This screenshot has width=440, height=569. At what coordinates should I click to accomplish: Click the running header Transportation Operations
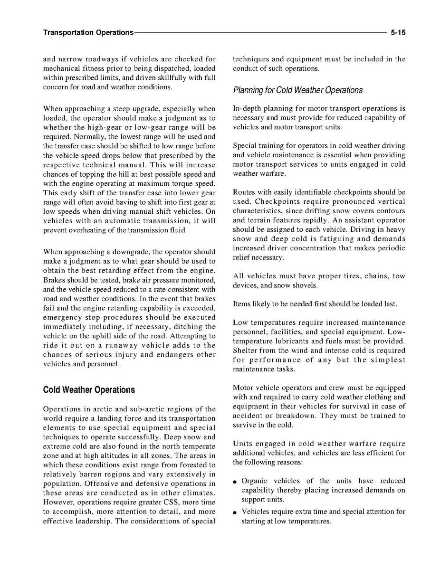tap(88, 33)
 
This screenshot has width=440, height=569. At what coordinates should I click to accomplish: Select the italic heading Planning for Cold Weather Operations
tap(297, 90)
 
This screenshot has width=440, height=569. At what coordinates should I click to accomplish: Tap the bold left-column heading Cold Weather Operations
tap(89, 390)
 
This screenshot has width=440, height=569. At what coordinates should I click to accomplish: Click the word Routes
tap(244, 192)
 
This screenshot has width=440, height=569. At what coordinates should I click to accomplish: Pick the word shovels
tap(304, 285)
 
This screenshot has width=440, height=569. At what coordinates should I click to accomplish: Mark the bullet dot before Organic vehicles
tap(236, 482)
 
